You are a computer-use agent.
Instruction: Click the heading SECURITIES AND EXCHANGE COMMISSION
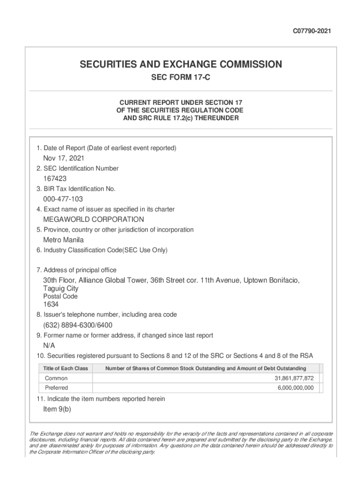pyautogui.click(x=180, y=65)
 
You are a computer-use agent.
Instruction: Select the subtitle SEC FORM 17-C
pyautogui.click(x=180, y=78)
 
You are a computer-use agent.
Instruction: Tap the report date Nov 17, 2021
pyautogui.click(x=64, y=158)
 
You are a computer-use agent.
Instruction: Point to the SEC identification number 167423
pyautogui.click(x=55, y=179)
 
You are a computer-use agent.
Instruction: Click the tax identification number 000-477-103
pyautogui.click(x=63, y=199)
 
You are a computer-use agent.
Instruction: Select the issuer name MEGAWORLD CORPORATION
pyautogui.click(x=94, y=219)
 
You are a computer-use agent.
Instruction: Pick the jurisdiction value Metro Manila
pyautogui.click(x=64, y=240)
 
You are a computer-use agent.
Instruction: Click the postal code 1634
pyautogui.click(x=51, y=305)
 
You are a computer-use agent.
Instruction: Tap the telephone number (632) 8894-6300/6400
pyautogui.click(x=78, y=325)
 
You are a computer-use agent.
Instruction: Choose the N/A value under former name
pyautogui.click(x=49, y=346)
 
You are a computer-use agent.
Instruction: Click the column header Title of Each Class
pyautogui.click(x=65, y=369)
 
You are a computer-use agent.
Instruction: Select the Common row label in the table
pyautogui.click(x=56, y=378)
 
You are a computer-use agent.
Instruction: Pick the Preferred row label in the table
pyautogui.click(x=57, y=388)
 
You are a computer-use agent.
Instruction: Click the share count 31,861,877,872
pyautogui.click(x=294, y=378)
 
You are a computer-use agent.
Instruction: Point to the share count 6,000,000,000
pyautogui.click(x=296, y=388)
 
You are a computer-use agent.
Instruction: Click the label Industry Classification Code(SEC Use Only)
pyautogui.click(x=102, y=250)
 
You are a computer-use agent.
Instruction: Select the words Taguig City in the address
pyautogui.click(x=61, y=289)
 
